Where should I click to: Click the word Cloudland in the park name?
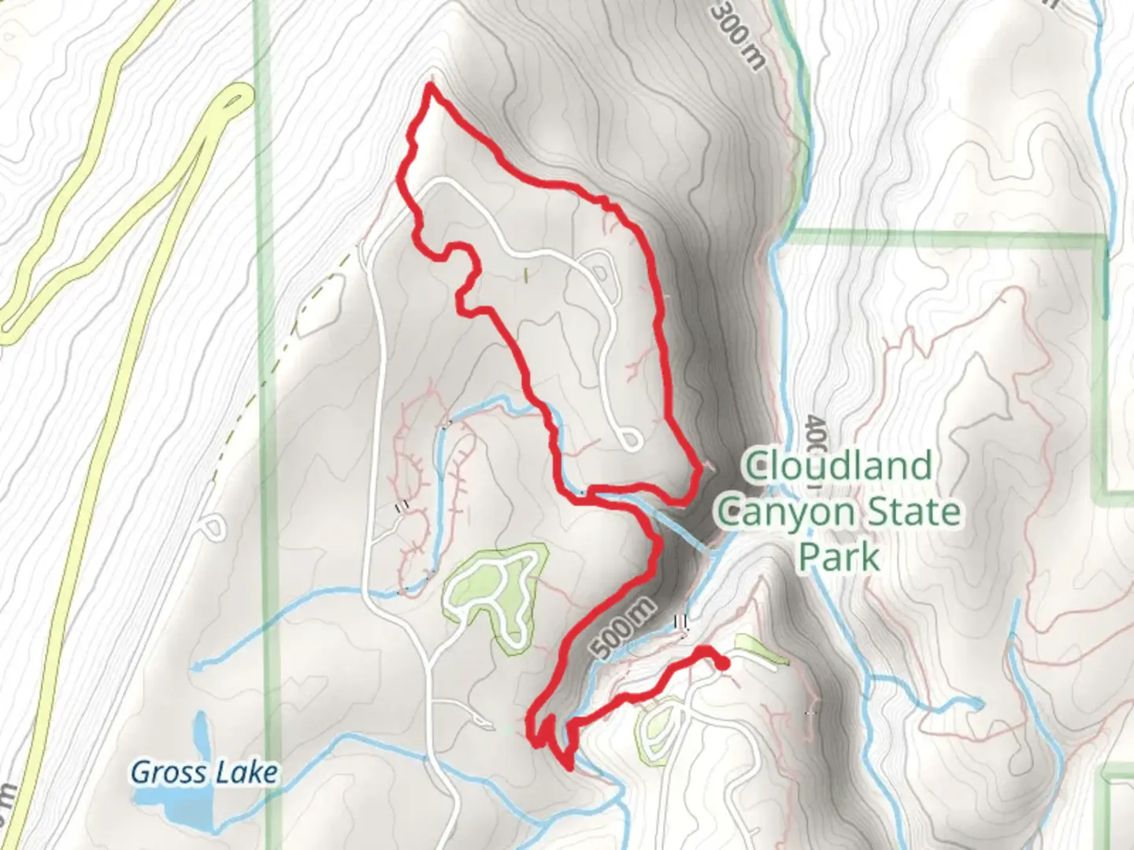coord(839,466)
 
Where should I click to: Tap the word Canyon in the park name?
coord(787,512)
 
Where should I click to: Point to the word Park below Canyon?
coord(839,557)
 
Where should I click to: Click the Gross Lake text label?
coord(204,772)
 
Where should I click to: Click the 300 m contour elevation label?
coord(738,35)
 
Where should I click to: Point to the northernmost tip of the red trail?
coord(430,84)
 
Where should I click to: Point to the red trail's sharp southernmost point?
coord(569,765)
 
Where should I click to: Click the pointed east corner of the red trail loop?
coord(699,470)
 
